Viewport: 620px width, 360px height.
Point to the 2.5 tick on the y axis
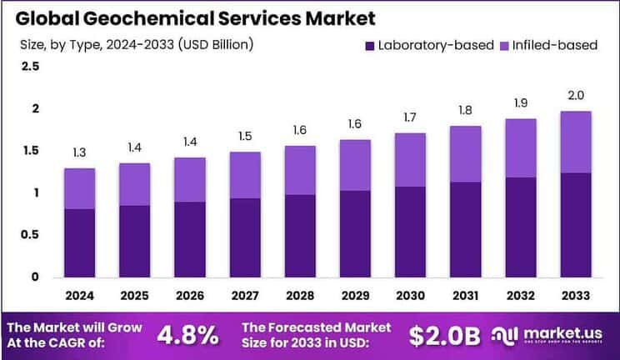tap(30, 66)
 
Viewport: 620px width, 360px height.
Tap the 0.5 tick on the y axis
tap(30, 235)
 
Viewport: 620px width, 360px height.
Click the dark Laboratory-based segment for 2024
tap(79, 242)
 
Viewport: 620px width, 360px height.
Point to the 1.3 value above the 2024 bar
tap(79, 152)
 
